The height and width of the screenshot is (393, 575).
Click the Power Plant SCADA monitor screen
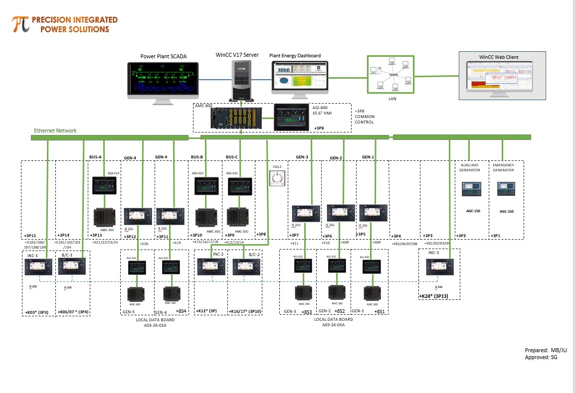[162, 80]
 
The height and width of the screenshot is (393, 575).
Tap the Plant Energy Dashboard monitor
[300, 77]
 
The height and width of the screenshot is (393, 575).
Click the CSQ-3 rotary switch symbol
[276, 178]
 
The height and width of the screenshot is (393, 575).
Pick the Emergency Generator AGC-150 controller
[506, 189]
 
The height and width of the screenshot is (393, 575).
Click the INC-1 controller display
[39, 267]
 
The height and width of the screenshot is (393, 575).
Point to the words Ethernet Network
[55, 131]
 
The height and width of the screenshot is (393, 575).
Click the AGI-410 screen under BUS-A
[104, 185]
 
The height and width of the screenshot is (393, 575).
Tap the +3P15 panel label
[30, 235]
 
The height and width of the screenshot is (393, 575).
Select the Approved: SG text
[540, 357]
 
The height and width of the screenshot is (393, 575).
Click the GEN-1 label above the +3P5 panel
[368, 157]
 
